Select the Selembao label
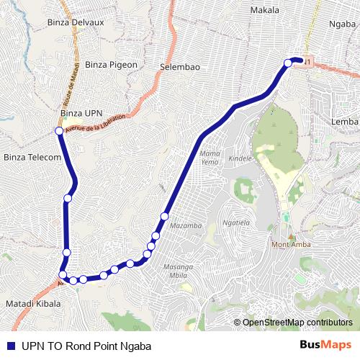(x=180, y=67)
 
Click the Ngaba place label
(x=342, y=23)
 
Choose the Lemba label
(x=345, y=122)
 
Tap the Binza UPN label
(x=81, y=113)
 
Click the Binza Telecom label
(x=32, y=157)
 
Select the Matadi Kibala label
(x=33, y=304)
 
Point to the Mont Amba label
(x=290, y=243)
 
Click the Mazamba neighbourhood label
(x=186, y=226)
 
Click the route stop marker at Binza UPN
(x=59, y=131)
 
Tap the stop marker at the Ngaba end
(x=288, y=63)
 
